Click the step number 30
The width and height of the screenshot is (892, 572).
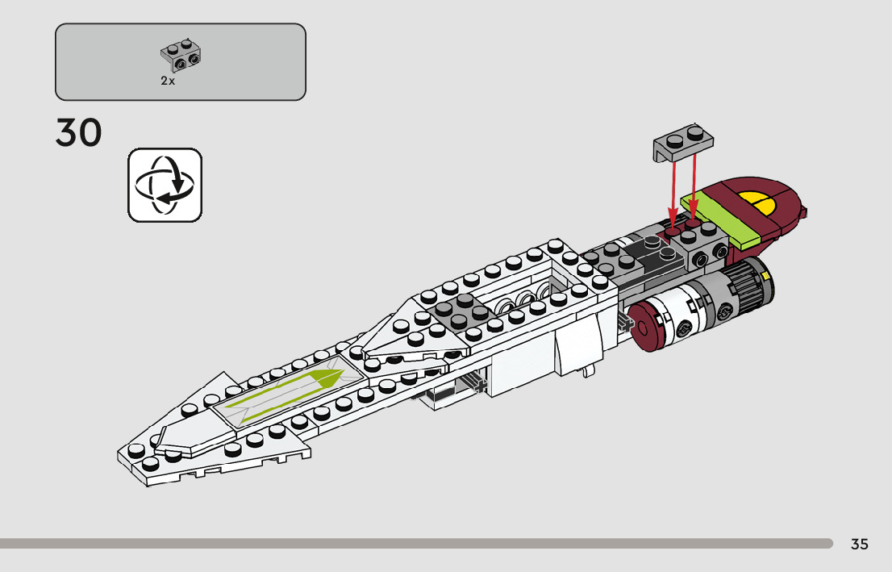79,133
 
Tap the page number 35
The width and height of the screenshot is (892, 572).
859,544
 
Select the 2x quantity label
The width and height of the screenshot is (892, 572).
168,81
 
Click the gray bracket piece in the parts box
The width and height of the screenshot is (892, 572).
181,53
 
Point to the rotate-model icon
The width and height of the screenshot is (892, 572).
165,185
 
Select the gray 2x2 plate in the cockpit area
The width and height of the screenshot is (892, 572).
455,311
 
